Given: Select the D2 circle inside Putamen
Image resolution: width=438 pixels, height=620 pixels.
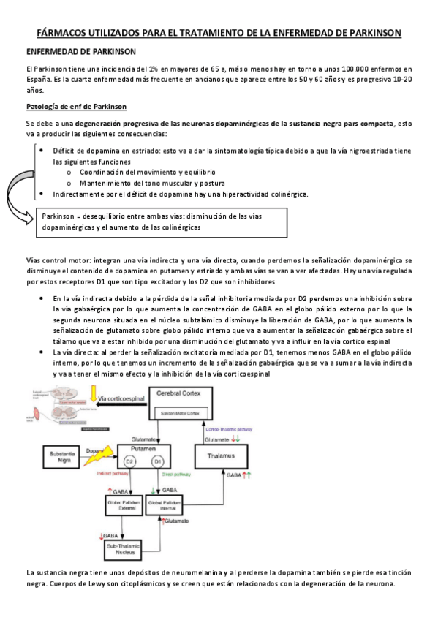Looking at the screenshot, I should (129, 462).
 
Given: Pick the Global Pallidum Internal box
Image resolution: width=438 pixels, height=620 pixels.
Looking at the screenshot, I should (169, 505).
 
